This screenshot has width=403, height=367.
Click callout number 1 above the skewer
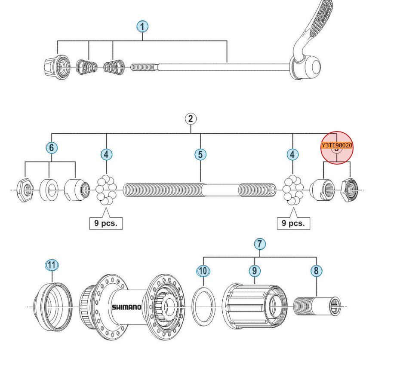[x=142, y=27]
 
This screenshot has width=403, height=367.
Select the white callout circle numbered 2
[x=191, y=119]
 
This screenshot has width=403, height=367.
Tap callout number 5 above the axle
[x=200, y=154]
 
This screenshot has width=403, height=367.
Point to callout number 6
[x=51, y=148]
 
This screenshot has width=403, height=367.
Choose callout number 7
[x=259, y=244]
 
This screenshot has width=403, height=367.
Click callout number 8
[x=316, y=271]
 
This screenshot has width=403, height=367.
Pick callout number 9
[x=255, y=271]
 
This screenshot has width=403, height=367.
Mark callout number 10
[x=203, y=271]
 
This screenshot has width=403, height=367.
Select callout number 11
[x=52, y=265]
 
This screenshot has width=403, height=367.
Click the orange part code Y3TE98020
[x=337, y=145]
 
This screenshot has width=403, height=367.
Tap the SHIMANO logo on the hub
[x=126, y=307]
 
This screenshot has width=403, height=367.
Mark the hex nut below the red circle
[x=350, y=190]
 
